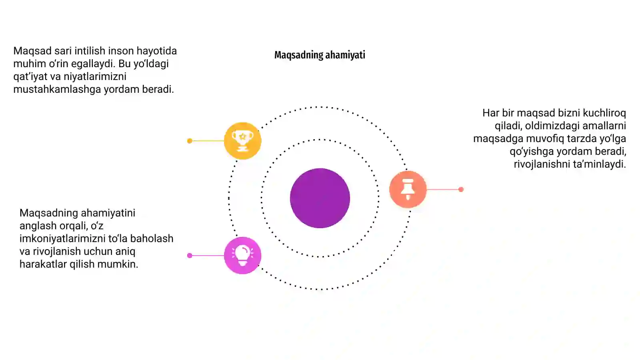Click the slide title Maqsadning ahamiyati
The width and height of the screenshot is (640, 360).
pos(320,55)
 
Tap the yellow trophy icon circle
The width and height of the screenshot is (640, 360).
pos(242,141)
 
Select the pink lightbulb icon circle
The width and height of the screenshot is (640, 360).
pos(242,256)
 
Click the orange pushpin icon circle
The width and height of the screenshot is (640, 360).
pos(408,190)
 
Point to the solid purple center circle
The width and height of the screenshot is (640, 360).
pos(320,198)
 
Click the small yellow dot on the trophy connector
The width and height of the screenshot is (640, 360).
pos(190,141)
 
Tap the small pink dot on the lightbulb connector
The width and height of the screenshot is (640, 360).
pos(190,256)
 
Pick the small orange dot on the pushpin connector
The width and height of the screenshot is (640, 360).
pos(461,190)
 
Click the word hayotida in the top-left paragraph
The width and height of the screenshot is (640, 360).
pos(156,51)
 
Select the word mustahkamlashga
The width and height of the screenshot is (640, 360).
pos(57,90)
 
